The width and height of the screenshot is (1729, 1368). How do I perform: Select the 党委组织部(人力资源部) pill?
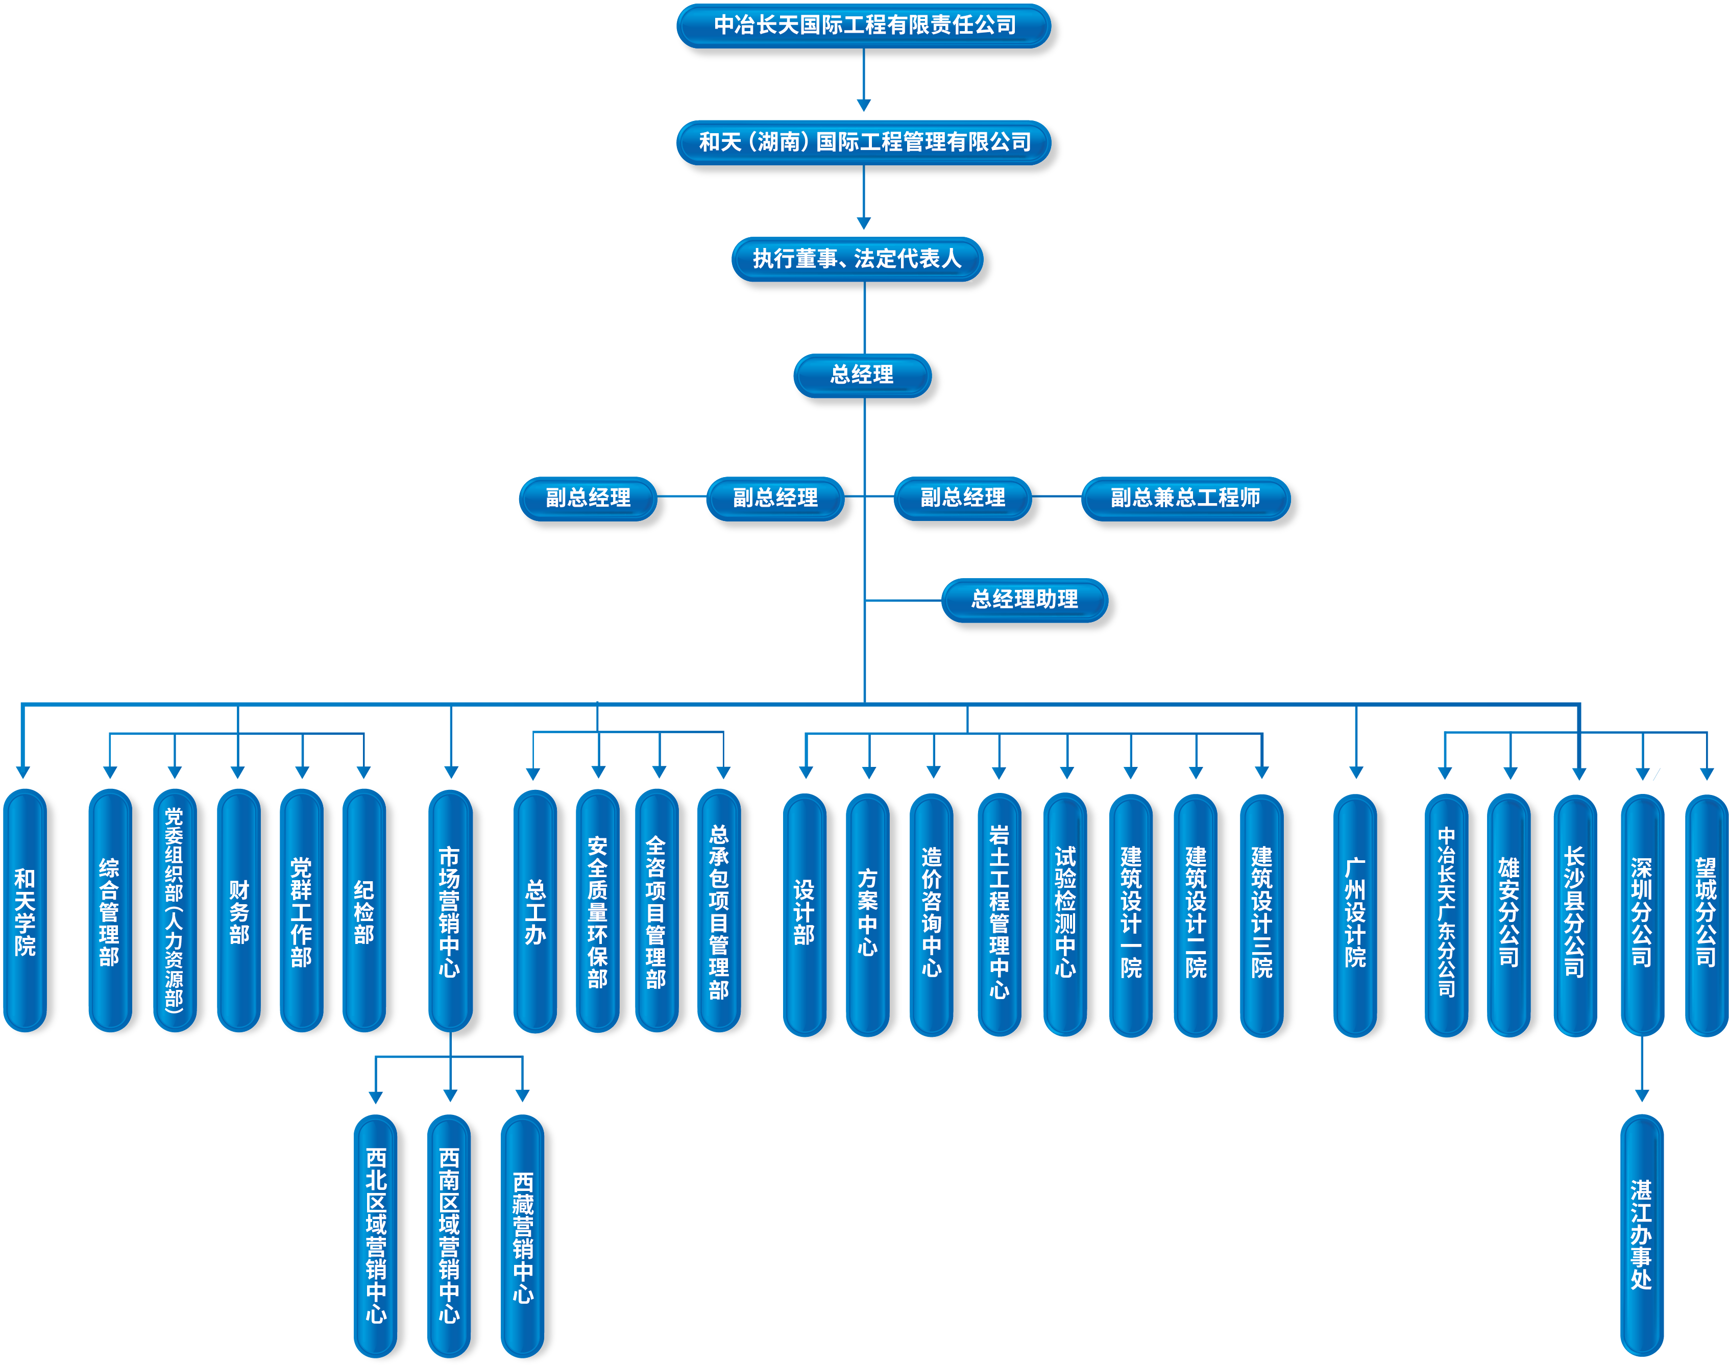click(x=175, y=911)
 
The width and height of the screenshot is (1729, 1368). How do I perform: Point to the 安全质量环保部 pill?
click(x=598, y=911)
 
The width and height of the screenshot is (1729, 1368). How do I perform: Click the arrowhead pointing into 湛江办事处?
click(x=1642, y=1095)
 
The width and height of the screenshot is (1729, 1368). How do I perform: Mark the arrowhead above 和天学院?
click(x=23, y=772)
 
